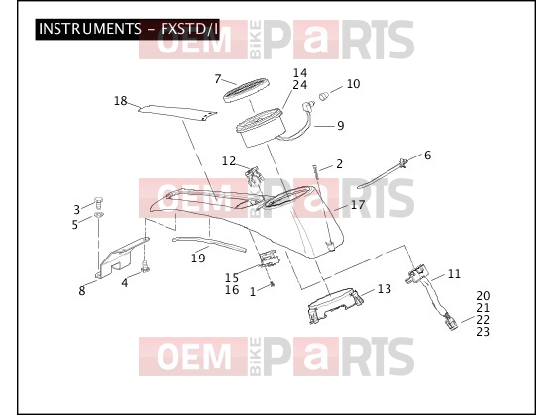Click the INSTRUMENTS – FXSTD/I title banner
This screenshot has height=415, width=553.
point(127,29)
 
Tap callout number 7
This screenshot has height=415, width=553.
point(218,79)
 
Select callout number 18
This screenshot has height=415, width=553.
point(120,101)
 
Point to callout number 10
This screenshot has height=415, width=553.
point(353,84)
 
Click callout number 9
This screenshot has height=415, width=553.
point(340,125)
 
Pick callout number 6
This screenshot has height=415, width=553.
point(427,155)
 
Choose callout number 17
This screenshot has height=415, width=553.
point(358,204)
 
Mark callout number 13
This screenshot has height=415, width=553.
point(385,289)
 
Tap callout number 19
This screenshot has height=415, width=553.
point(198,259)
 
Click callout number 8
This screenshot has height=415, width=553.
point(82,291)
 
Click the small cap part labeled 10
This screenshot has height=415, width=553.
point(324,95)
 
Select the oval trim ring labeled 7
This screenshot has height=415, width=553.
point(247,89)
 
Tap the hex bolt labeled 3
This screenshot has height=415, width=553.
point(98,203)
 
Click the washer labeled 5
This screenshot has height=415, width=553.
point(98,215)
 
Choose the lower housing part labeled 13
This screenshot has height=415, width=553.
point(335,305)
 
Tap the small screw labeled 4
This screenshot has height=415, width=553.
point(145,266)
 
